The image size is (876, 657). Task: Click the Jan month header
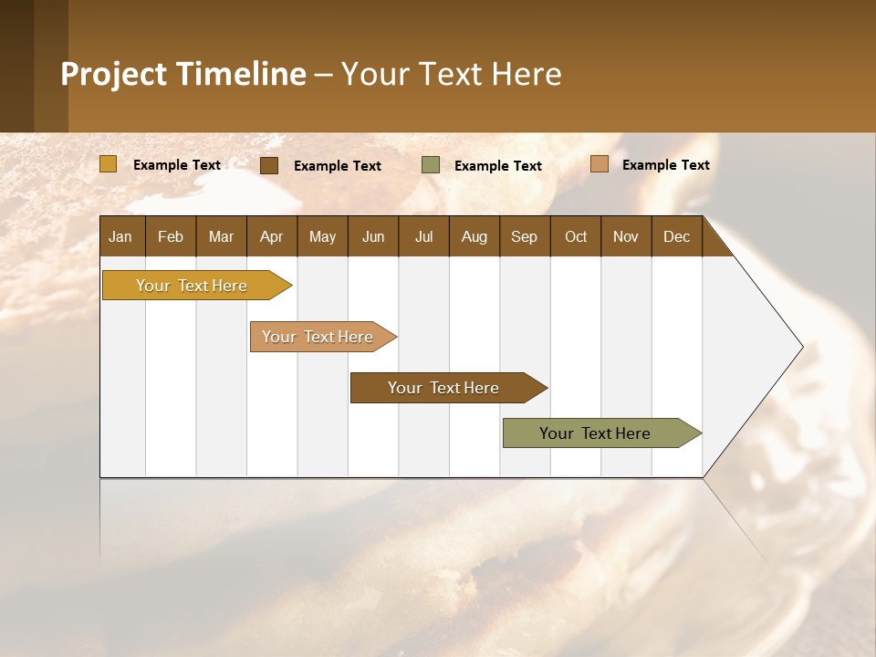[120, 236]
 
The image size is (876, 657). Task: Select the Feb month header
[171, 236]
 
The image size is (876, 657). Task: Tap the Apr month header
[271, 236]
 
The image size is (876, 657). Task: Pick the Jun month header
[373, 236]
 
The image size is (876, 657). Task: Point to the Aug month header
[474, 236]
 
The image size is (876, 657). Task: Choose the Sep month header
[524, 236]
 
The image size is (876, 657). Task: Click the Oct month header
[576, 236]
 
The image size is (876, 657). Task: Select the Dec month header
[676, 236]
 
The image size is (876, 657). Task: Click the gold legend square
[108, 164]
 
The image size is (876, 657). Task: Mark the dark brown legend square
[269, 165]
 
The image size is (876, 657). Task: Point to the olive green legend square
[431, 165]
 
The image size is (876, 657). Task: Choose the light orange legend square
[599, 164]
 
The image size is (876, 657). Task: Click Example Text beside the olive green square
[498, 166]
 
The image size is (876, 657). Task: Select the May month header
[322, 236]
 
